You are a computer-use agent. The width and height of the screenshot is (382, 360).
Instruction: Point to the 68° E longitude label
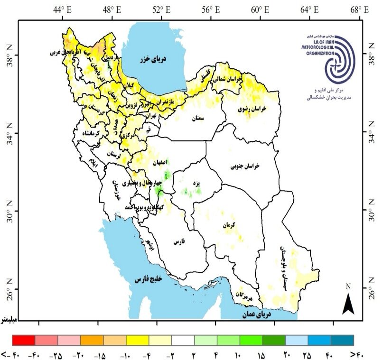coord(360,9)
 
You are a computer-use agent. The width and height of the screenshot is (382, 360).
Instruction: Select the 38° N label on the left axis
coord(9,55)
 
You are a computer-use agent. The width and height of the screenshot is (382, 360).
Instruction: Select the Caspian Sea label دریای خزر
coord(151,59)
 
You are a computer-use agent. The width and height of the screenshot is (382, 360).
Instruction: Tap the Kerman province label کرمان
coord(228,226)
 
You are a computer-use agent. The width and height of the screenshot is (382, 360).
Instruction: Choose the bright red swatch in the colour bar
coord(23,340)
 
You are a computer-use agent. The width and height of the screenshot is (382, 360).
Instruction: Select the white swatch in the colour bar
coord(183,340)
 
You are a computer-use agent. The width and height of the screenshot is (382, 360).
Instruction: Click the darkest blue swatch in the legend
coord(342,340)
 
